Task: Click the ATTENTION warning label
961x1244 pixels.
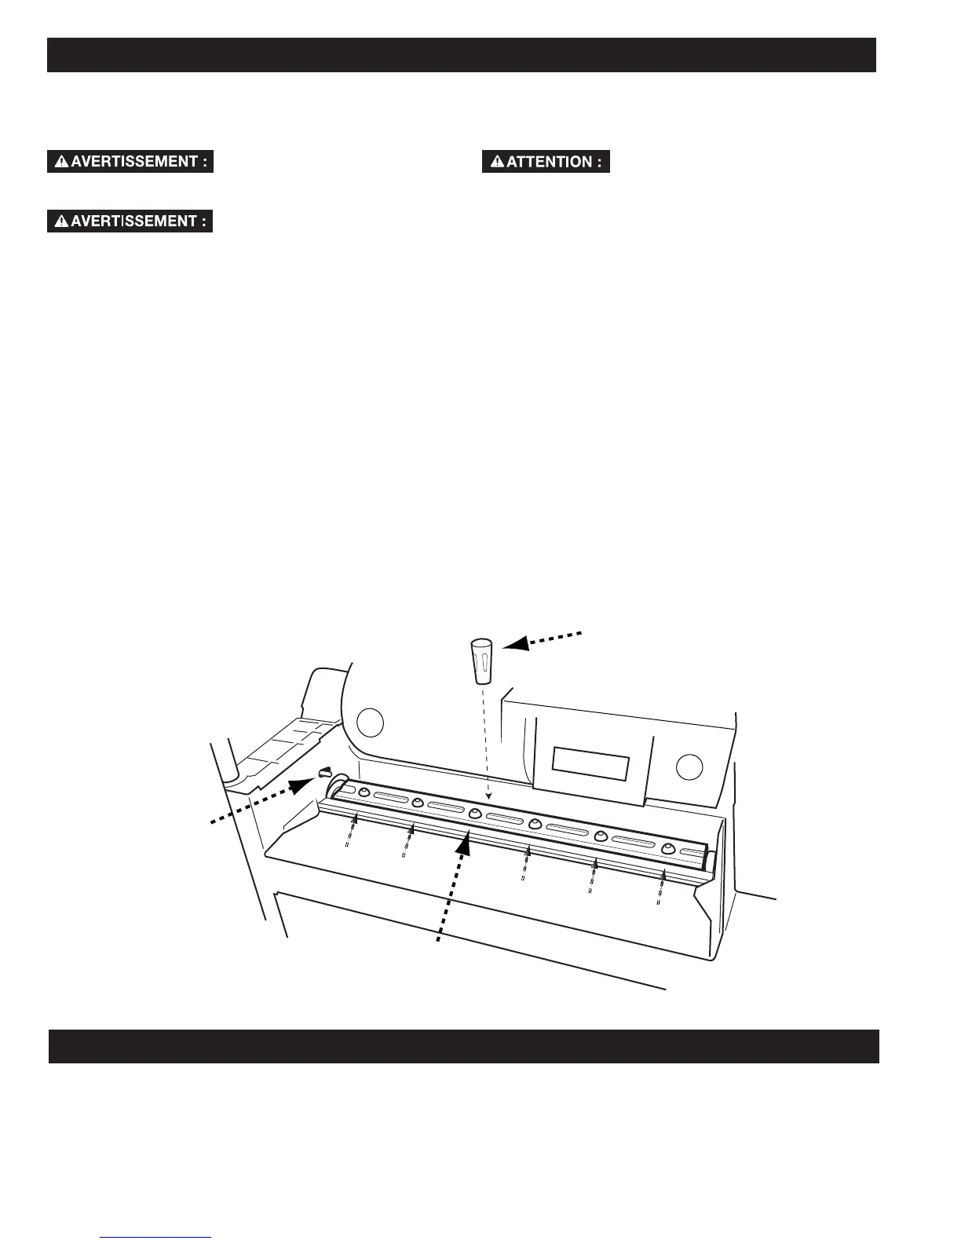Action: (546, 162)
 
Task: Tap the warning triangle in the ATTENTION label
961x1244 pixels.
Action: (497, 162)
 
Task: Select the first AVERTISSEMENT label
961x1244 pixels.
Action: (130, 162)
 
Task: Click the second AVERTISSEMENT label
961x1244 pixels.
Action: (130, 221)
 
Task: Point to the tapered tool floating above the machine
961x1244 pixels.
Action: (481, 660)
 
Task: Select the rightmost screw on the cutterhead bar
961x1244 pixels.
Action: (668, 849)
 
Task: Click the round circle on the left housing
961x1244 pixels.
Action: (371, 722)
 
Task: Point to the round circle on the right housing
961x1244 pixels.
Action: (689, 766)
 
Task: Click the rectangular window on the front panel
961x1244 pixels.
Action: (590, 763)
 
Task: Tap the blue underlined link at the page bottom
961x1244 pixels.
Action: (156, 1238)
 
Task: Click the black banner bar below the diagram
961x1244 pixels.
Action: (463, 1046)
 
